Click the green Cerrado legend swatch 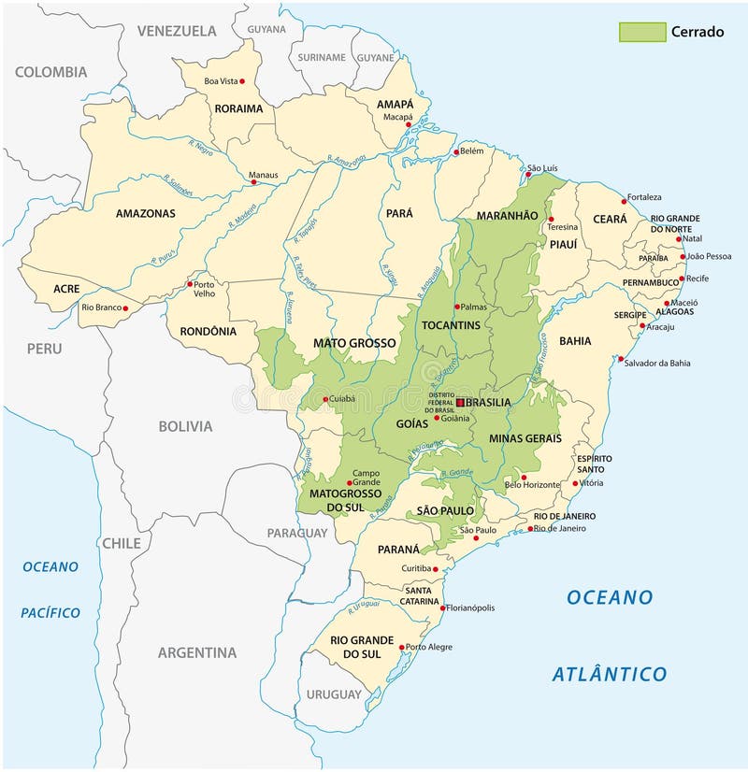(642, 32)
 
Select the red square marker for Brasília (460, 402)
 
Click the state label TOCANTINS (451, 325)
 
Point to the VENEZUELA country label (178, 31)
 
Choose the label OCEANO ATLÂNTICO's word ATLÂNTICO (609, 674)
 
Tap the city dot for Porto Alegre (402, 647)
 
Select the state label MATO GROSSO (354, 343)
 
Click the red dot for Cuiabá (325, 400)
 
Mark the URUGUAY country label (333, 694)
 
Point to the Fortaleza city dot (625, 200)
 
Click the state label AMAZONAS (145, 213)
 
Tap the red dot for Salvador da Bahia (620, 358)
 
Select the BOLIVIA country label (184, 426)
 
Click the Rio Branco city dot (125, 307)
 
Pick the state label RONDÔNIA (201, 331)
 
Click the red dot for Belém (456, 151)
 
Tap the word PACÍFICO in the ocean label (50, 613)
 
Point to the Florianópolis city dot (441, 608)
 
